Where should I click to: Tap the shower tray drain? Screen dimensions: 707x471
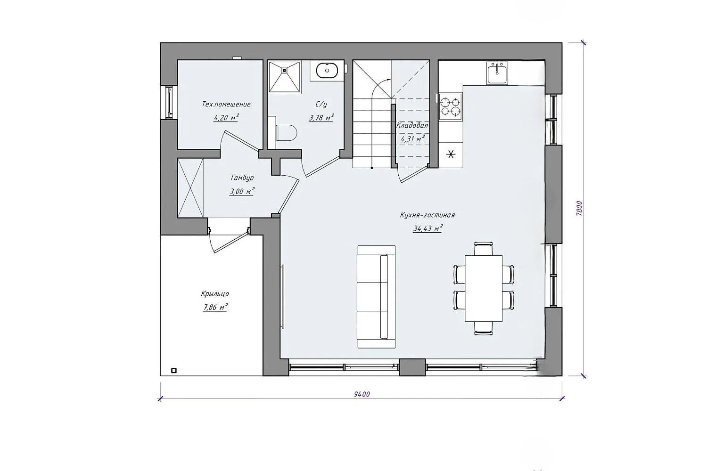(x=284, y=71)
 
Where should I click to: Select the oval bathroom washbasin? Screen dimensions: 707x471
(x=327, y=70)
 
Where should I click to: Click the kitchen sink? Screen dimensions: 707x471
(x=497, y=73)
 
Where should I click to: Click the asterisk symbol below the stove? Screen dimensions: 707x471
(x=451, y=154)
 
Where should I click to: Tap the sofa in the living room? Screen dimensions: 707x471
(x=376, y=297)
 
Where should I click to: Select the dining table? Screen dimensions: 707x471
(x=484, y=288)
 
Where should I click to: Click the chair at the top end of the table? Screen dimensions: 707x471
(x=484, y=248)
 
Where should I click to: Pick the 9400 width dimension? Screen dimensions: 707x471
(x=362, y=394)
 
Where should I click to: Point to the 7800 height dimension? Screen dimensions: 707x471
(x=579, y=208)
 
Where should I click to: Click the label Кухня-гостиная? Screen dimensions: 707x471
(x=427, y=215)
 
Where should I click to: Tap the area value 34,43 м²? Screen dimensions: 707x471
(x=427, y=228)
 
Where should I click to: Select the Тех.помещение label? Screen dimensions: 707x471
(x=226, y=104)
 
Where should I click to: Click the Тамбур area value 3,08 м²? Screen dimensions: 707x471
(x=242, y=191)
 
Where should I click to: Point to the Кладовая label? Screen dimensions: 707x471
(x=412, y=125)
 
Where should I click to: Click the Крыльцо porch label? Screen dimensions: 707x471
(x=215, y=294)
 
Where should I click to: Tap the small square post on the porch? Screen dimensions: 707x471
(x=173, y=370)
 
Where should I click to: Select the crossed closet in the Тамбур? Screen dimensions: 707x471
(x=190, y=188)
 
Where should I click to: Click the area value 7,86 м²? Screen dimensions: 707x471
(x=215, y=307)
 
